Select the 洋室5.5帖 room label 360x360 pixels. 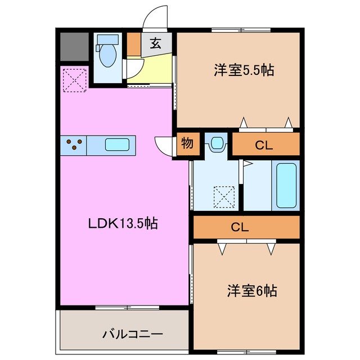point(244,70)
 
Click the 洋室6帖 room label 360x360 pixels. point(251,291)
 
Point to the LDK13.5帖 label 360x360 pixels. point(123,223)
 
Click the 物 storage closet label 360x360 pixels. point(187,143)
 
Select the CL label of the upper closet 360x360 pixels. point(264,145)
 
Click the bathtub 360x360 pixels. point(286,185)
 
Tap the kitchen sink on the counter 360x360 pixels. point(117,145)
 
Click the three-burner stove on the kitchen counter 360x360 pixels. point(74,145)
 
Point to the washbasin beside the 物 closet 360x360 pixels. point(215,143)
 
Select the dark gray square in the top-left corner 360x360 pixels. point(74,47)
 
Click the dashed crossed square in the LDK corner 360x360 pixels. point(74,80)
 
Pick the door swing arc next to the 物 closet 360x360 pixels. point(165,146)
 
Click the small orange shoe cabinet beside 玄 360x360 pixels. point(133,45)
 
